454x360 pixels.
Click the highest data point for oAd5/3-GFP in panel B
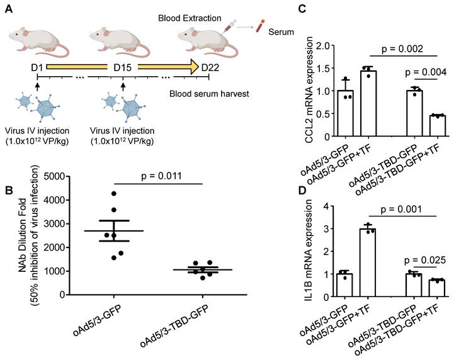click(113, 193)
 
